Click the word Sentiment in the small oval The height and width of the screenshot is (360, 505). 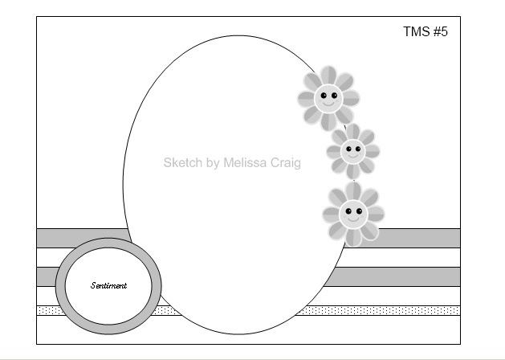click(x=108, y=285)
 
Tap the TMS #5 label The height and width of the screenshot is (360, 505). click(x=425, y=32)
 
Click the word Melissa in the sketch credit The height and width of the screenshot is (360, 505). click(x=250, y=162)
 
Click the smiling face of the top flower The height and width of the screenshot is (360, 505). click(x=328, y=99)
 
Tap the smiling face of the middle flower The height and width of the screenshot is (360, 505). click(x=352, y=149)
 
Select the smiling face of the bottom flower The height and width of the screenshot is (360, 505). click(x=353, y=214)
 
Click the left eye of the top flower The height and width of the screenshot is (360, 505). click(x=324, y=96)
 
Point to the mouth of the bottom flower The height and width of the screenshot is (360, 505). click(x=353, y=219)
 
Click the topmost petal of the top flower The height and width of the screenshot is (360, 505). click(x=328, y=76)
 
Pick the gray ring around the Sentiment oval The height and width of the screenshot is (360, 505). click(x=60, y=285)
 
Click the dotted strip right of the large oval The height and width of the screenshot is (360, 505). click(x=401, y=310)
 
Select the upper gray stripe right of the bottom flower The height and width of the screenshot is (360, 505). click(x=422, y=238)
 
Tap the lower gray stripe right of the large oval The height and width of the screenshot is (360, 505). click(x=401, y=276)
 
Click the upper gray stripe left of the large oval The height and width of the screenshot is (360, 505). click(x=80, y=238)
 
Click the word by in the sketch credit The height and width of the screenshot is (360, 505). click(x=213, y=163)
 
